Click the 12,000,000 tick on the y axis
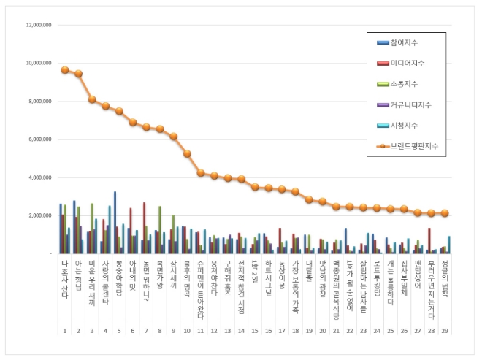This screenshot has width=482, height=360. [37, 25]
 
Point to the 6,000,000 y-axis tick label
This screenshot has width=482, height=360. [39, 139]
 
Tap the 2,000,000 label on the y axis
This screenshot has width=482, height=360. [39, 215]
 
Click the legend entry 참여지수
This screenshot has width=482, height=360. [411, 42]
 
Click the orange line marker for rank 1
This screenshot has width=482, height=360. [64, 70]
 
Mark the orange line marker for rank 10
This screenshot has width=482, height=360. [187, 153]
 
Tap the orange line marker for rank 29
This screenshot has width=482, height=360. [445, 213]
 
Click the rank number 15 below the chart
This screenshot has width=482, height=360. [255, 331]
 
